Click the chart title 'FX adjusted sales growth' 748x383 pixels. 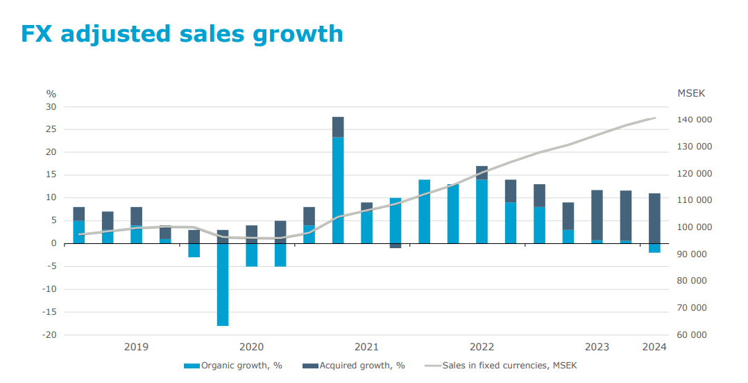tap(182, 33)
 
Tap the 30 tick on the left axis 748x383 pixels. tap(51, 107)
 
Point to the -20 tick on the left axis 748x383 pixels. tap(49, 334)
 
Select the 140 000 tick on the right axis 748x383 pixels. tap(694, 120)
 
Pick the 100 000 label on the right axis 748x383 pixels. tap(694, 227)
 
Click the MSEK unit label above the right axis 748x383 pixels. tap(690, 93)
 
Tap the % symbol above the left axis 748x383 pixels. tap(51, 94)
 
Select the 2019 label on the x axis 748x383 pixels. tap(136, 347)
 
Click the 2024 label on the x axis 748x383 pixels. tap(654, 347)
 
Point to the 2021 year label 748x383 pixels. tap(366, 347)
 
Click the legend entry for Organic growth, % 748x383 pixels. tap(233, 366)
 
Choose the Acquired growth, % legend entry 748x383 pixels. tap(353, 366)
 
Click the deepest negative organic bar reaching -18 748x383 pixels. tap(223, 285)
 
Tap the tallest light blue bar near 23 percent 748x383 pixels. tap(338, 190)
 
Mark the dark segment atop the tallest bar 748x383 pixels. tap(338, 127)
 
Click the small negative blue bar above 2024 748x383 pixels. tap(654, 248)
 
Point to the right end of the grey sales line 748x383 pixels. tap(655, 118)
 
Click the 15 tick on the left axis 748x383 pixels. tap(51, 175)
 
